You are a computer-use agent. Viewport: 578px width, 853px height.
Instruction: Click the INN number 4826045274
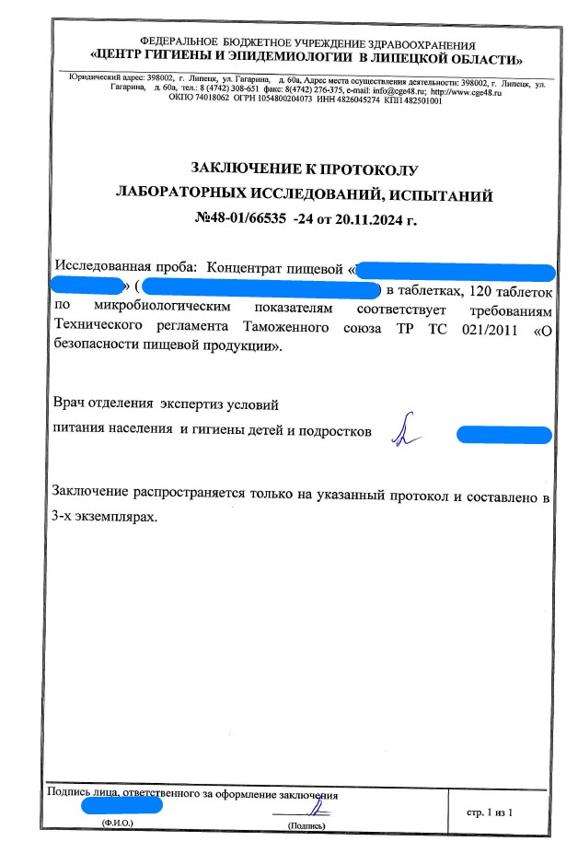(x=351, y=100)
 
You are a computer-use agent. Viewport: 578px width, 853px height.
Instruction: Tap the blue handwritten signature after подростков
(x=402, y=430)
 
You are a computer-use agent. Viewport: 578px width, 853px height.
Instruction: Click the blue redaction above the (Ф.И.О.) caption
(x=122, y=805)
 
